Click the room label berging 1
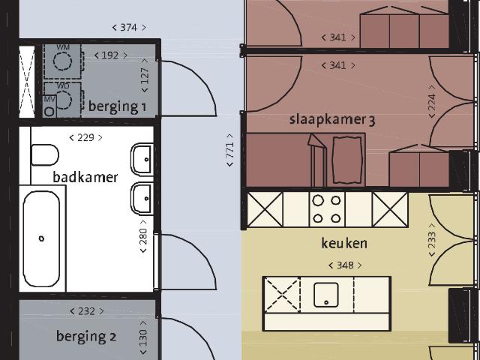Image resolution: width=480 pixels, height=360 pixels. pos(117,107)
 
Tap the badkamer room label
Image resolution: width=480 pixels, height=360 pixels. pos(85,177)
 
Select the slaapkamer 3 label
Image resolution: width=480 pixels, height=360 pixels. pos(332,120)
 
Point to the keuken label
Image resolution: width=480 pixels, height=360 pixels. pos(344,243)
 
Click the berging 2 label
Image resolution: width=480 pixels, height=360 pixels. pos(86,337)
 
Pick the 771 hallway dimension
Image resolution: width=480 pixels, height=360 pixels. pos(230,150)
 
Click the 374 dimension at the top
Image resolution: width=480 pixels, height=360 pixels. pos(129,28)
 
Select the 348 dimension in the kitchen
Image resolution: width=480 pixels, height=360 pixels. pos(345,265)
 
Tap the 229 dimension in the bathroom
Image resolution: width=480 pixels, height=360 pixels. pos(85,138)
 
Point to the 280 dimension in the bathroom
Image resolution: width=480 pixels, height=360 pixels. pos(143,236)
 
